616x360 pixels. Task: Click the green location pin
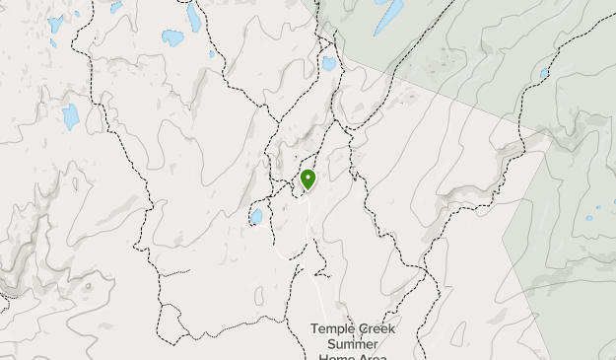tap(308, 179)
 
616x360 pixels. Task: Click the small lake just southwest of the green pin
tap(256, 216)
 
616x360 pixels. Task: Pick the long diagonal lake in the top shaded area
tap(389, 15)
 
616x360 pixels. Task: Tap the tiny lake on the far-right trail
tap(544, 73)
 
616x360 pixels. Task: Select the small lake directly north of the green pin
tap(328, 63)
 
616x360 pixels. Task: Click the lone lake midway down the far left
tap(70, 116)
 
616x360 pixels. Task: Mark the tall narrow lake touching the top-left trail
tap(194, 17)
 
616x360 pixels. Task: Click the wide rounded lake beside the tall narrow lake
tap(173, 38)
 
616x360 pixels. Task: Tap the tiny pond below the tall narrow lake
tap(212, 54)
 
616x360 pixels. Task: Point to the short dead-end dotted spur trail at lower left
tap(175, 272)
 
